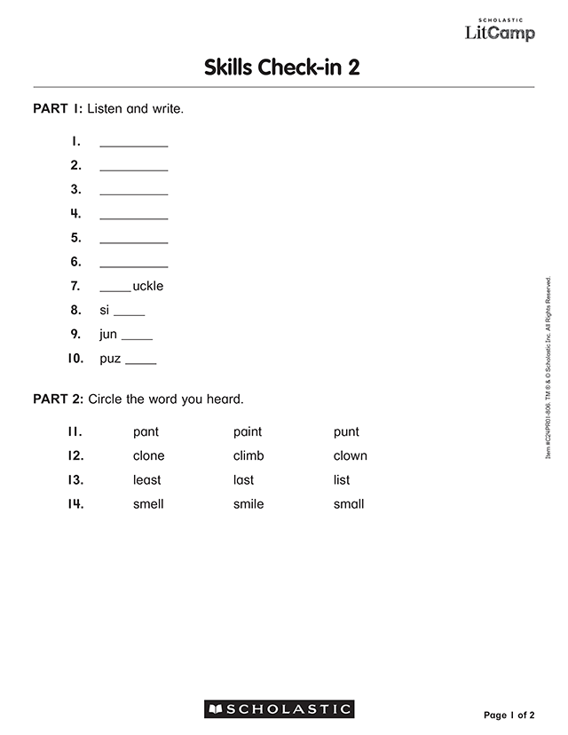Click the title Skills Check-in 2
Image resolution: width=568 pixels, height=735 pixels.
(x=282, y=68)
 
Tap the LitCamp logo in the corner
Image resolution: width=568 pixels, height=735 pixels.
(x=500, y=31)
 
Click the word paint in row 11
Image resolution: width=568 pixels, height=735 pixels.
(x=248, y=432)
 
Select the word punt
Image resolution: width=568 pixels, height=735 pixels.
(x=346, y=432)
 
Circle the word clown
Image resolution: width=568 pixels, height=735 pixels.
(x=350, y=456)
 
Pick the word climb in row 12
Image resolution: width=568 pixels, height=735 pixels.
(x=248, y=456)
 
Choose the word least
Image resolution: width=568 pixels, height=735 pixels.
(x=147, y=480)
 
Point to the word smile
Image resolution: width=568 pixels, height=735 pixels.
(x=248, y=504)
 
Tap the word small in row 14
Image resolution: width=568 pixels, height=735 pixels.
(x=349, y=504)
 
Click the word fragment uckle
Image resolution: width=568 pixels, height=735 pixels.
(x=148, y=287)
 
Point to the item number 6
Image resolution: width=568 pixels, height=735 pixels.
(x=75, y=262)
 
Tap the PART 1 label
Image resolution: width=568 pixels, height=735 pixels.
(x=58, y=109)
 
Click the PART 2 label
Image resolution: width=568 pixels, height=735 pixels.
(x=58, y=399)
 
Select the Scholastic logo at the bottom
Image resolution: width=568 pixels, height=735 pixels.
(x=280, y=709)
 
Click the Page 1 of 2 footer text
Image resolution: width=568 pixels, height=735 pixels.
(x=509, y=715)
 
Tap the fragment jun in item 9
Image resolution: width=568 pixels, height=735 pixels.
(x=108, y=335)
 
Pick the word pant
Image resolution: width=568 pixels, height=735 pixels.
(x=146, y=432)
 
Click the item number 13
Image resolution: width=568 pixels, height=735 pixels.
(x=75, y=480)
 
